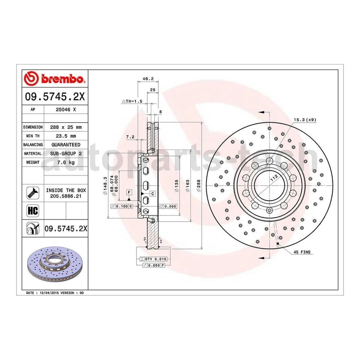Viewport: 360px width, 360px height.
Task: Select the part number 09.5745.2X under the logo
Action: tap(55, 97)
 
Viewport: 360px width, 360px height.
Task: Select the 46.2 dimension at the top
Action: tap(148, 79)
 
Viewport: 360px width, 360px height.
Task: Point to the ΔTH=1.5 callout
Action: tap(132, 102)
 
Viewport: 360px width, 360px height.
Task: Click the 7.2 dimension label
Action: tap(130, 137)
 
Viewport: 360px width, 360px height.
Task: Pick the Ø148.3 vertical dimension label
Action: tap(106, 185)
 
